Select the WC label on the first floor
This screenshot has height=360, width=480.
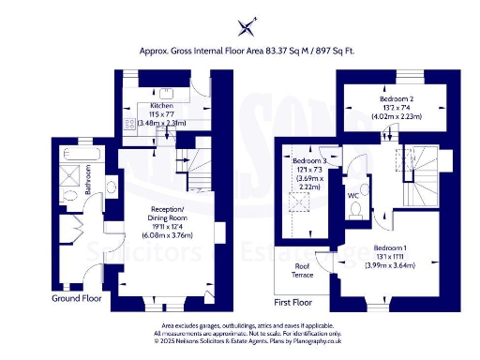352,196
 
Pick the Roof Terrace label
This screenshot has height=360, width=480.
301,271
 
